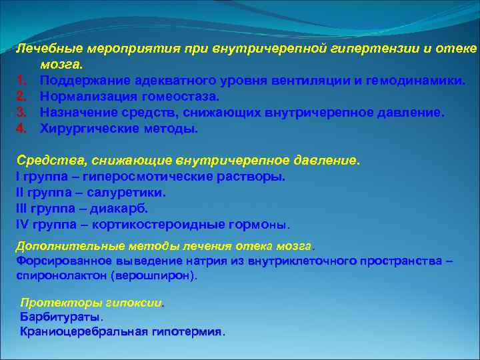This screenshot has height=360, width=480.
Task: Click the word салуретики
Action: click(x=131, y=193)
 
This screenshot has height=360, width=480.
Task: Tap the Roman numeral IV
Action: click(x=21, y=225)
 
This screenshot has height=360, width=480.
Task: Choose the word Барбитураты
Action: click(x=61, y=317)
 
